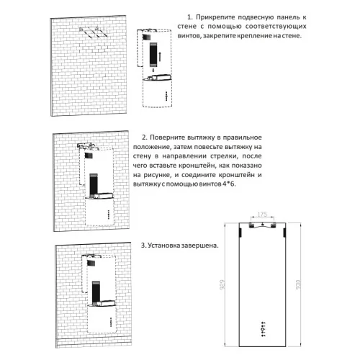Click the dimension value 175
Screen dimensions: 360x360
[262, 215]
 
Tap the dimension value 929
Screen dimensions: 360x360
[222, 284]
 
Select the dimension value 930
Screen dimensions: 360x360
[298, 284]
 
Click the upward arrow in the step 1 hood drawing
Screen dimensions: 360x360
[159, 57]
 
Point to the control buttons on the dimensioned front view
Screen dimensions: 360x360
[264, 328]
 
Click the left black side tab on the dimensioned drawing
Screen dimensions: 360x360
[240, 233]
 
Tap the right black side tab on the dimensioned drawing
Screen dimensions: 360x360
[284, 233]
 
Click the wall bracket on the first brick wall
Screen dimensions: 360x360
[93, 32]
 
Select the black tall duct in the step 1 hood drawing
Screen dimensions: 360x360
[153, 55]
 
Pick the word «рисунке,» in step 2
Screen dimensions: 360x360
[158, 175]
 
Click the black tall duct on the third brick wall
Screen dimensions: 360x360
[96, 292]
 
